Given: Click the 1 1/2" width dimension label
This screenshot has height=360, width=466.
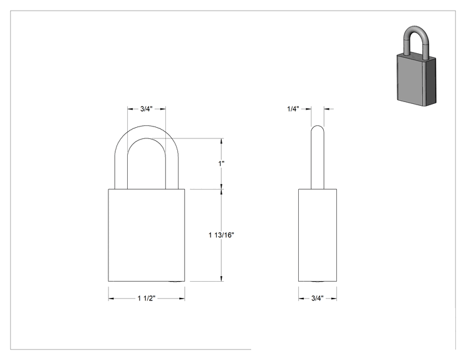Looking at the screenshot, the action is tap(146, 298).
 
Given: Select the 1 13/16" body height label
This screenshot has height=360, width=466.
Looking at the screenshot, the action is tap(221, 235).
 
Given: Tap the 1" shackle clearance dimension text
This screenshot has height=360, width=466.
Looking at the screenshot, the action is tap(221, 163).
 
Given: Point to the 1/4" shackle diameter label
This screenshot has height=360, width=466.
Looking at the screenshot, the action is tap(293, 109).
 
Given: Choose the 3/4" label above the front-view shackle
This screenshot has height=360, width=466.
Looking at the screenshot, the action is tap(147, 109).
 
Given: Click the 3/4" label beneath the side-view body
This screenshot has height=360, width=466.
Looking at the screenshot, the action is tap(318, 298).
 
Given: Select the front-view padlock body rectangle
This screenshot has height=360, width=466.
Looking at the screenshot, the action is tap(146, 235).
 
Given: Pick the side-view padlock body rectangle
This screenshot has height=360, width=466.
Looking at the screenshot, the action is tap(318, 235).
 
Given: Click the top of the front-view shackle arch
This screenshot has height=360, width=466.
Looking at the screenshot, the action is tap(147, 126).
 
